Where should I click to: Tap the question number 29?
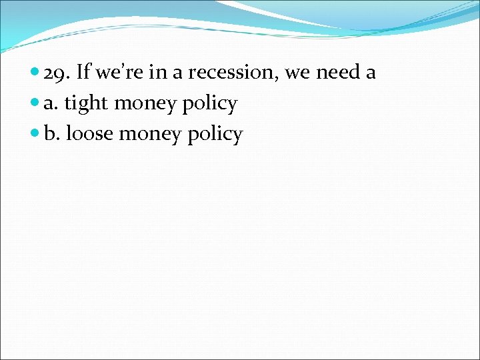[x=56, y=73]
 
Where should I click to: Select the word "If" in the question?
[x=84, y=72]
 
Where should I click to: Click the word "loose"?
[x=89, y=134]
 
